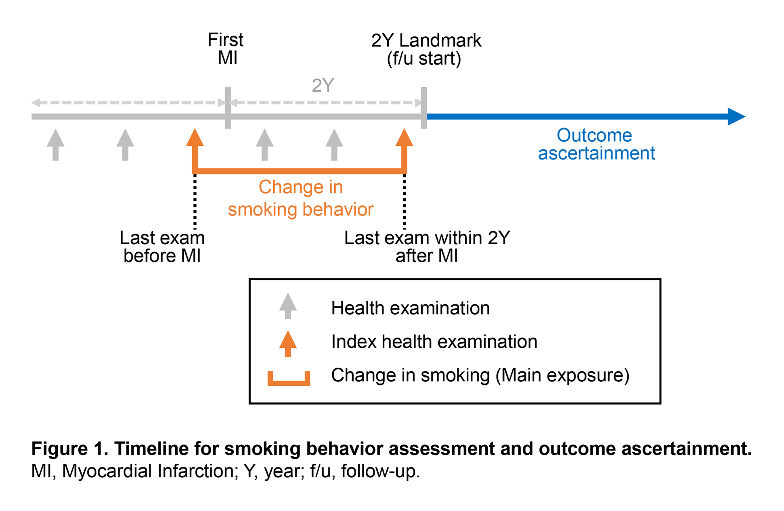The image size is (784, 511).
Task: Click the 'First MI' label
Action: coord(226,49)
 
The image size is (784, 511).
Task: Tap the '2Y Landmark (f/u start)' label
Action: coord(426,49)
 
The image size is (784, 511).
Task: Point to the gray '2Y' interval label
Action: coord(323,85)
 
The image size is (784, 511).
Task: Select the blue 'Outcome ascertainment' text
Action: coord(596,144)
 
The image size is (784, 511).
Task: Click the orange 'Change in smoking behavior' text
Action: coord(300,198)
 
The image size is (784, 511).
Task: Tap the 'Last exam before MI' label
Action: coord(162,247)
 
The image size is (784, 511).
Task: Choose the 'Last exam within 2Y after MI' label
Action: coord(427,247)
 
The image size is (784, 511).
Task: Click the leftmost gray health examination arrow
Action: coord(56,145)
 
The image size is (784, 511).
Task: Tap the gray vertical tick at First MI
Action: coord(228,108)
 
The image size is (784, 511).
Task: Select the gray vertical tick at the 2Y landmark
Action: coord(424,108)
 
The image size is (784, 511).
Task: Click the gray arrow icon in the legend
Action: coord(288,306)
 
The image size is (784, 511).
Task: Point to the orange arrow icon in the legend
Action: coord(288,343)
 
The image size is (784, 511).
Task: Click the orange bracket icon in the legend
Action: coord(289,379)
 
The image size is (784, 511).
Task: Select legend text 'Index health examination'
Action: coord(434,342)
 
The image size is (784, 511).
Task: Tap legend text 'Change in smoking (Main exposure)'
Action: coord(480,375)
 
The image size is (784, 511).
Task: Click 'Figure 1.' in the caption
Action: coord(70,448)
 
